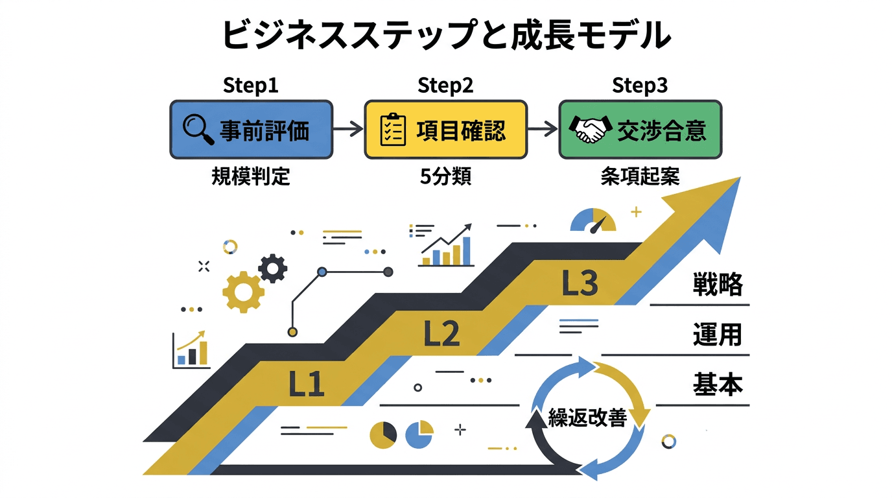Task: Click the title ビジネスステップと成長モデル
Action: [x=446, y=36]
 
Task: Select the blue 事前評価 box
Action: [x=251, y=130]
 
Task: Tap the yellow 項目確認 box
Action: [x=445, y=130]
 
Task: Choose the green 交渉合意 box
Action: [x=640, y=130]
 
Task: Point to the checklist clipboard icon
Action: [x=393, y=130]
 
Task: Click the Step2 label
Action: [x=445, y=85]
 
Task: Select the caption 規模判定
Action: [x=251, y=176]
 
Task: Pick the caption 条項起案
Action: [x=640, y=176]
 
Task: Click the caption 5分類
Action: [x=445, y=176]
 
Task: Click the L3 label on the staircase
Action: [x=579, y=283]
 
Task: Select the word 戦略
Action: [x=717, y=285]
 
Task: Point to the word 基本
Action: [x=717, y=385]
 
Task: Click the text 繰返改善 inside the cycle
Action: [x=587, y=418]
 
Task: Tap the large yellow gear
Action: [x=243, y=292]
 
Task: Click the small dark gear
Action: [x=272, y=267]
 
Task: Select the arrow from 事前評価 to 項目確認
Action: [x=348, y=130]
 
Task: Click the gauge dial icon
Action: [x=593, y=220]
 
